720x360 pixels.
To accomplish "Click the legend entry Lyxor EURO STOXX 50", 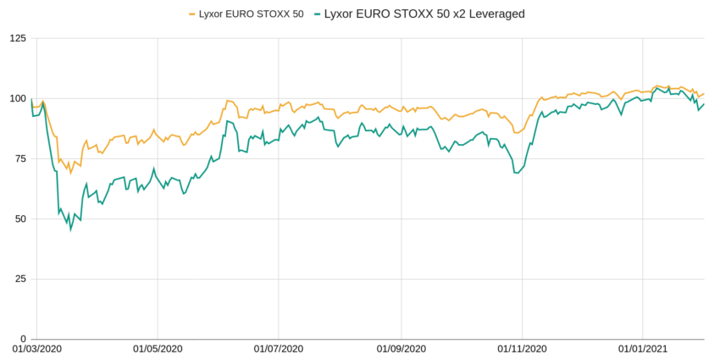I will [x=250, y=14].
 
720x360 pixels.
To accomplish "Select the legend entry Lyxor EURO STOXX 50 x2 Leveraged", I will [x=418, y=14].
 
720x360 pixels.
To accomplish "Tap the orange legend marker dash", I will [x=191, y=14].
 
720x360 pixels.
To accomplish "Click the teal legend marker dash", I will [x=317, y=14].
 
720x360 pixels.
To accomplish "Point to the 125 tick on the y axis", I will [x=16, y=39].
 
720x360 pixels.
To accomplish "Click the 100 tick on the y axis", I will [x=16, y=99].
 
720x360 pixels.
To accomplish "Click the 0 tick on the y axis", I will [x=22, y=339].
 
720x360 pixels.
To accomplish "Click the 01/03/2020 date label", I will [x=36, y=349].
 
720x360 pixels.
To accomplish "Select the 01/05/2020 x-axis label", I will [x=157, y=349].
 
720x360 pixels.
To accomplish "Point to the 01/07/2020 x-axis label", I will [x=279, y=349].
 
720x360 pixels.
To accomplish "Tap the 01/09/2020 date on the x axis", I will [x=401, y=349].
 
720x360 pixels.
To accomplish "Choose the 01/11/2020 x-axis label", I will [x=522, y=349].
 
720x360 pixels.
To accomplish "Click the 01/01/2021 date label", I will [x=642, y=349].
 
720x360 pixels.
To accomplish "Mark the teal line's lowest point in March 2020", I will [x=71, y=229].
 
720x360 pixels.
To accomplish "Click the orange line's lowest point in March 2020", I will [x=71, y=173].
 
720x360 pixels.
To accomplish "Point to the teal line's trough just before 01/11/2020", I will [x=516, y=173].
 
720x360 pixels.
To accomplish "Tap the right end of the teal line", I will [x=705, y=103].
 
